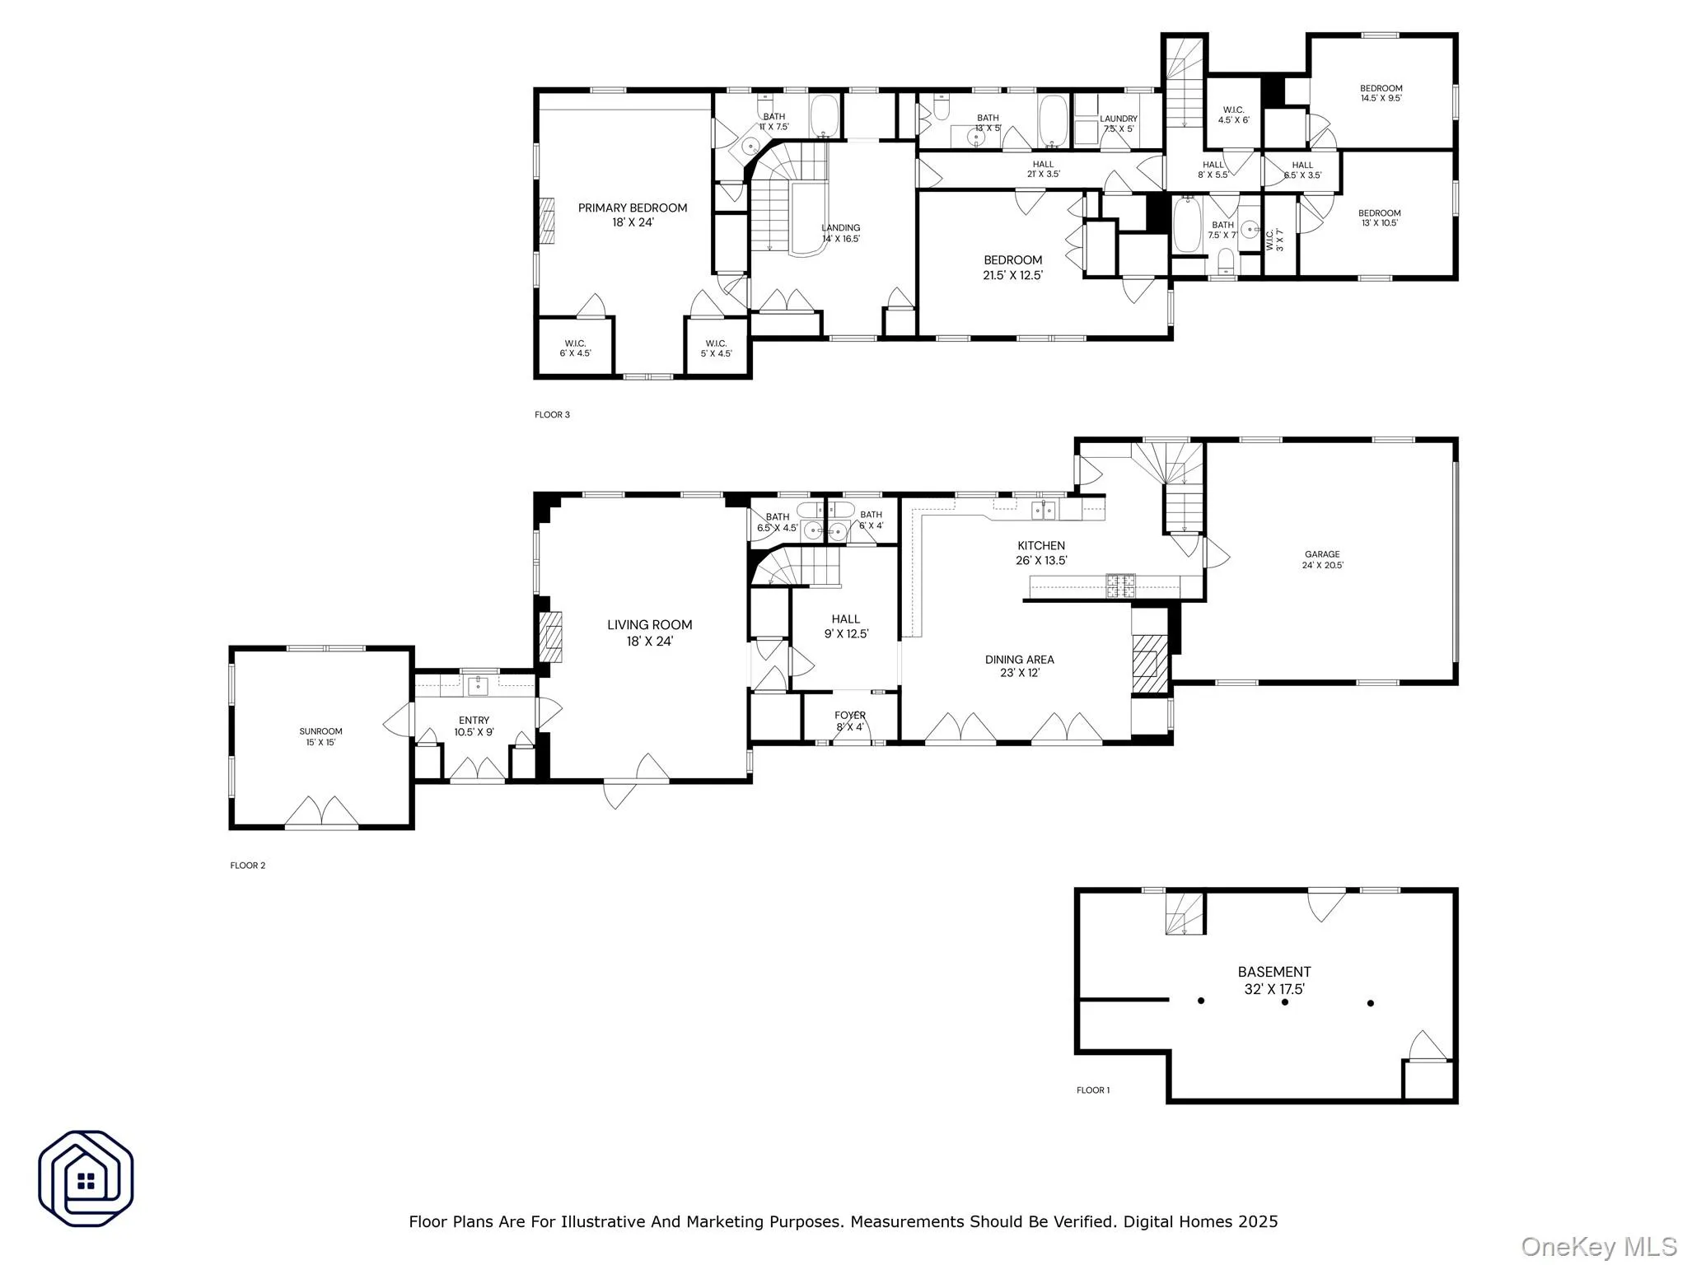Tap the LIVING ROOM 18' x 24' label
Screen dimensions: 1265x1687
649,632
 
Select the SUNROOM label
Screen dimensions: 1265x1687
320,736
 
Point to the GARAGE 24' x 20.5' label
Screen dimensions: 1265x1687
1322,560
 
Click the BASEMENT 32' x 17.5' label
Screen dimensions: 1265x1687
1273,980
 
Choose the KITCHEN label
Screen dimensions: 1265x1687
1041,553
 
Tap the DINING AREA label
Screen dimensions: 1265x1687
1020,665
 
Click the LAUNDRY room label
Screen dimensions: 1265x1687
1119,124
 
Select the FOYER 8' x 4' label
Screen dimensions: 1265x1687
850,721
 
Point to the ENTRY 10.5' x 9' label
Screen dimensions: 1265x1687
474,726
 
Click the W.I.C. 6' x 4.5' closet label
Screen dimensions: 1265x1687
575,348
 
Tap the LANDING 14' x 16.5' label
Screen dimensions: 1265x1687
841,233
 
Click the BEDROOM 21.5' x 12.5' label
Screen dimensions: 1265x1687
1012,268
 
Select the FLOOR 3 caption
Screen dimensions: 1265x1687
552,415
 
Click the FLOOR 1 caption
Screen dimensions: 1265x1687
1093,1090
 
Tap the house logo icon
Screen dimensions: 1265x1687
86,1179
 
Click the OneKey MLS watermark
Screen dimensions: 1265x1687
1598,1246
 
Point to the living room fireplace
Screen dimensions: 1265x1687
550,637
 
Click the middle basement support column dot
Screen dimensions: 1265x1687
1285,1002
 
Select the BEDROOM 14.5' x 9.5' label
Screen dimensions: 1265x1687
1381,93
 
